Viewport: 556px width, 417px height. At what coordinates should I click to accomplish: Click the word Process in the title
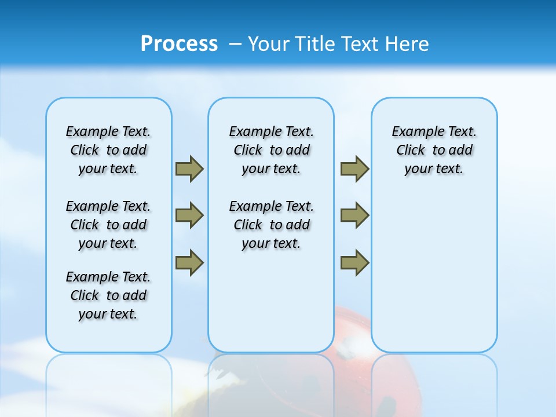[x=179, y=43]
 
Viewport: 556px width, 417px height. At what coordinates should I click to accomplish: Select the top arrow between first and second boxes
[x=189, y=169]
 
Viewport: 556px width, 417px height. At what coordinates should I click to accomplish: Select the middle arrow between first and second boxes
[x=189, y=215]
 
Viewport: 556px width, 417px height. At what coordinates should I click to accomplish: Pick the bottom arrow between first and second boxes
[x=189, y=262]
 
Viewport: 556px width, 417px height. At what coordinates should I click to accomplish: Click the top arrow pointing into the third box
[x=354, y=169]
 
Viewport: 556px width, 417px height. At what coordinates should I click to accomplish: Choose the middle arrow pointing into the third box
[x=354, y=215]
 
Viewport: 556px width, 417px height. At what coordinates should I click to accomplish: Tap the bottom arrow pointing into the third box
[x=354, y=262]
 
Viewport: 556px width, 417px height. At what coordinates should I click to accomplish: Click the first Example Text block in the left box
[x=108, y=150]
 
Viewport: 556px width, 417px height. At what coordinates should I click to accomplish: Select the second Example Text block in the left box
[x=108, y=225]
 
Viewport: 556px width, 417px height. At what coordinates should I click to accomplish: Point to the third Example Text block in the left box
[x=108, y=295]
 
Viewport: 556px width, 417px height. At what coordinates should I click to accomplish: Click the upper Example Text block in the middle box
[x=271, y=150]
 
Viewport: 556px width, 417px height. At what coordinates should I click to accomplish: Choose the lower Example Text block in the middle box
[x=271, y=225]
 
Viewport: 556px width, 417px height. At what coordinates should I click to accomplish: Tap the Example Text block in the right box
[x=434, y=150]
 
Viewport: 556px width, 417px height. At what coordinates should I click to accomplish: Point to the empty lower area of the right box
[x=434, y=278]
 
